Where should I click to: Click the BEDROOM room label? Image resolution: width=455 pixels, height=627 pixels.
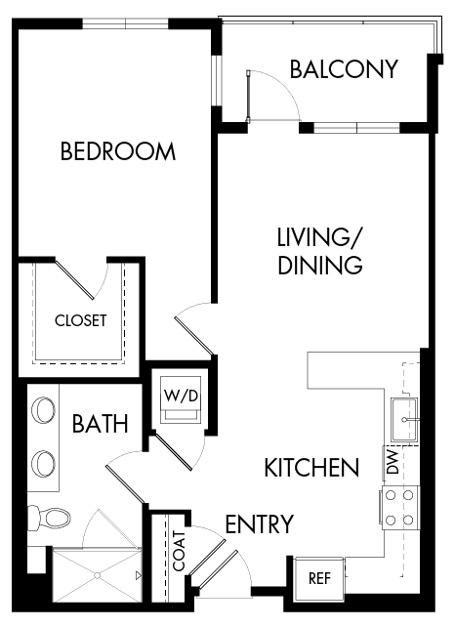118,151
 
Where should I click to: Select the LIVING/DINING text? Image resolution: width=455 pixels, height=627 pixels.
320,251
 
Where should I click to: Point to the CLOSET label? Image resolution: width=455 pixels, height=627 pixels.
80,320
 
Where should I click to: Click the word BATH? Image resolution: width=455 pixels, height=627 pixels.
100,424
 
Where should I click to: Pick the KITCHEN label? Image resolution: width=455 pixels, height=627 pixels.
311,468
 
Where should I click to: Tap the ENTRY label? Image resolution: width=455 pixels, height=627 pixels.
259,524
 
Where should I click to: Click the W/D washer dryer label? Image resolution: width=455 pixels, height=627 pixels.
182,397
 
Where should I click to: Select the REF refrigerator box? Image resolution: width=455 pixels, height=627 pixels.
319,577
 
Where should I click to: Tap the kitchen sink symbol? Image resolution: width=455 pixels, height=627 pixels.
405,419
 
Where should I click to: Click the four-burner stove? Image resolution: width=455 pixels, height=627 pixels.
399,507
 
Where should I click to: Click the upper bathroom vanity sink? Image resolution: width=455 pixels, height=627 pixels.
43,412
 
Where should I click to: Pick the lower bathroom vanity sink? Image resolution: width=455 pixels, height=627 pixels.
43,460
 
